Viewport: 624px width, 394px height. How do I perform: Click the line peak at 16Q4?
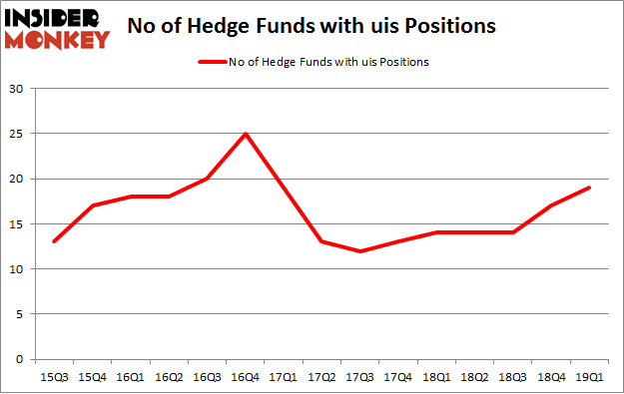(x=246, y=134)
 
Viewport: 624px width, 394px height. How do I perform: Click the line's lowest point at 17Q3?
(x=361, y=251)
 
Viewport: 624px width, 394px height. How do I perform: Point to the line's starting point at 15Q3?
(x=53, y=241)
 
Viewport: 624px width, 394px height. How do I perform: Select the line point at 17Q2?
(x=322, y=241)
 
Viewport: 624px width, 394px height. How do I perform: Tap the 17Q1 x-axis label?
(x=285, y=376)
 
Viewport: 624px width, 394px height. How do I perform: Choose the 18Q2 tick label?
(x=477, y=376)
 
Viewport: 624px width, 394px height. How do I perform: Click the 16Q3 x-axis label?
(x=207, y=376)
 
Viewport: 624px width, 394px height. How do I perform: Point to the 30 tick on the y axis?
(x=17, y=89)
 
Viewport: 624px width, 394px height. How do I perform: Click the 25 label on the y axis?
(x=17, y=134)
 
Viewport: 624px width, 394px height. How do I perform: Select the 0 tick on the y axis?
(x=21, y=359)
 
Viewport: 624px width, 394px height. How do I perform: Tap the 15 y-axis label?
(x=17, y=223)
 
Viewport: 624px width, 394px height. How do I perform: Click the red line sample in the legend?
(x=213, y=62)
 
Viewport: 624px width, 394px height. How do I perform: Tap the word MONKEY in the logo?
(x=57, y=40)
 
